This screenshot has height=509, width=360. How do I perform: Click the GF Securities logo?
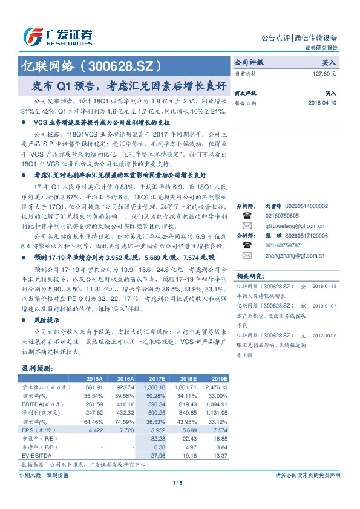57,36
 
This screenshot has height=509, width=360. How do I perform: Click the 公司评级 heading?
249,62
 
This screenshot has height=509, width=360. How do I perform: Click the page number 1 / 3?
178,482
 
